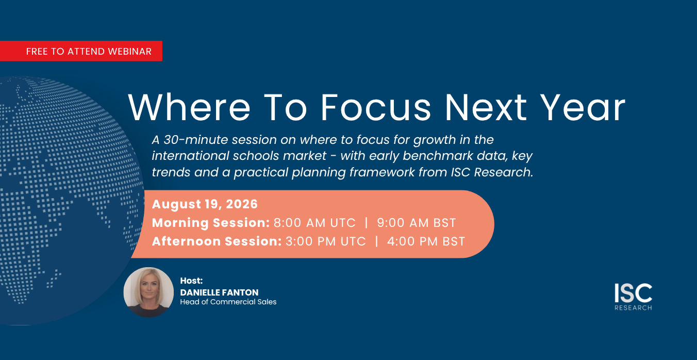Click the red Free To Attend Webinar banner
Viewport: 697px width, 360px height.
coord(81,51)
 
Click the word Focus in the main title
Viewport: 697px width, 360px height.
coord(376,107)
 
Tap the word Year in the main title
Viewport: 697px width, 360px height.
coord(583,107)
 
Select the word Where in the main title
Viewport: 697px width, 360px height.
coord(189,107)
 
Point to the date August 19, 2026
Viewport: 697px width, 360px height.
coord(205,204)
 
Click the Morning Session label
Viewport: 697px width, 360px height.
coord(211,223)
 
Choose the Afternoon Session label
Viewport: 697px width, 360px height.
coord(217,241)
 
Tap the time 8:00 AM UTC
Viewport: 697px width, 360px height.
coord(314,223)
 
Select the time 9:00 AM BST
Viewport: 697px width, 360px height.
coord(417,223)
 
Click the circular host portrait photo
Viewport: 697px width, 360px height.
coord(149,292)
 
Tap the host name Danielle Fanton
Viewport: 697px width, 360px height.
coord(220,292)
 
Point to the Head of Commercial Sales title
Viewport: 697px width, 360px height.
coord(228,302)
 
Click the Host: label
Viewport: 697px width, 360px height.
coord(191,281)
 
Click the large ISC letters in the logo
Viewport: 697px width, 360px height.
coord(633,293)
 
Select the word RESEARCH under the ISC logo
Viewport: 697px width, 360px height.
coord(633,308)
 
